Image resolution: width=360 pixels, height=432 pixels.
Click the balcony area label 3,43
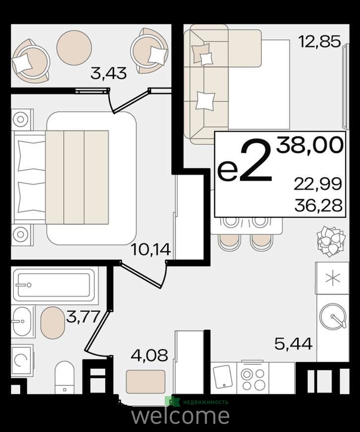coord(109,74)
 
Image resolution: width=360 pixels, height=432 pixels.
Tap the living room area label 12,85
coord(319,42)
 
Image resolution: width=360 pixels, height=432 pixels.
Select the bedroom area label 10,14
coord(151,249)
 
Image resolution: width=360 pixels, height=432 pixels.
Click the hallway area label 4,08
coord(149,355)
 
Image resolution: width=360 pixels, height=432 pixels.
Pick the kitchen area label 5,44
coord(294,343)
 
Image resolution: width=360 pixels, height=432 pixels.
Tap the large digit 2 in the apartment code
coord(256,159)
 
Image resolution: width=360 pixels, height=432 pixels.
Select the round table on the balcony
coord(74,48)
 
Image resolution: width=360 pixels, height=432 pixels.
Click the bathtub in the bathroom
coord(54,285)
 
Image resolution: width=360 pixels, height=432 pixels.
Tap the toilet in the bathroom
coord(64,377)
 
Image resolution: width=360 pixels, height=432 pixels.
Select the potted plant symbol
coord(331,241)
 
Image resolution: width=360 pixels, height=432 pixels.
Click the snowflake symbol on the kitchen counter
coord(332,278)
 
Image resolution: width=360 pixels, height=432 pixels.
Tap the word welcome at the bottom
coord(180,416)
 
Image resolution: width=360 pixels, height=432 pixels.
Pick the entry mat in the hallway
coord(145,382)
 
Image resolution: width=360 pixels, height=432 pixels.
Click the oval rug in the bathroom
coord(53,323)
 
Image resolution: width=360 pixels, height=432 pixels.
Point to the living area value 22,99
coord(318,184)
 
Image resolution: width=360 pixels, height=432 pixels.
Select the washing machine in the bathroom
coord(22,361)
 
